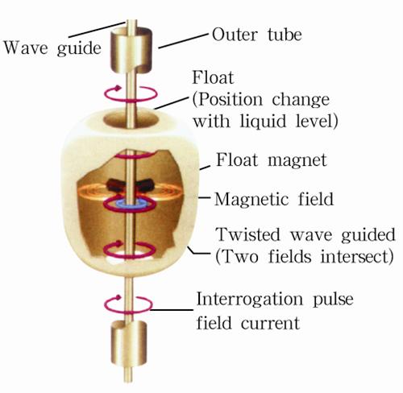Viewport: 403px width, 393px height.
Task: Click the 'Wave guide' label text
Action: (x=52, y=48)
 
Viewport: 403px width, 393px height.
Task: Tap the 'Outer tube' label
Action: (x=257, y=35)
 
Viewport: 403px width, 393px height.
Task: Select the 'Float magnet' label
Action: (x=272, y=160)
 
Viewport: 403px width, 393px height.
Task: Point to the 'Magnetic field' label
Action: (x=274, y=199)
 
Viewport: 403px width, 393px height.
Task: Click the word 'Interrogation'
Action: (x=249, y=299)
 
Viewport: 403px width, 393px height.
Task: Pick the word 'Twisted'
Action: (x=248, y=234)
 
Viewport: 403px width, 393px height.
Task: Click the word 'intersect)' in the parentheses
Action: (x=357, y=257)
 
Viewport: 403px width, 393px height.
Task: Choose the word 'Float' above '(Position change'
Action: (x=213, y=77)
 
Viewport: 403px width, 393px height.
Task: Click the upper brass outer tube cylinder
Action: (x=131, y=50)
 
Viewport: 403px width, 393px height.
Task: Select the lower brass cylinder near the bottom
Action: (x=129, y=343)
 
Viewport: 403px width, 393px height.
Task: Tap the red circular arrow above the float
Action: (x=131, y=93)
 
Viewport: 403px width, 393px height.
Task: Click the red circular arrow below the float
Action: (x=128, y=304)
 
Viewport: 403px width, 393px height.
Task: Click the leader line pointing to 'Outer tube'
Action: (x=184, y=41)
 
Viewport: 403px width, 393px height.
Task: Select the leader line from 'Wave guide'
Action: (x=98, y=30)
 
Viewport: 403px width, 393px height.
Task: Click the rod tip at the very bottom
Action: (x=128, y=381)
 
